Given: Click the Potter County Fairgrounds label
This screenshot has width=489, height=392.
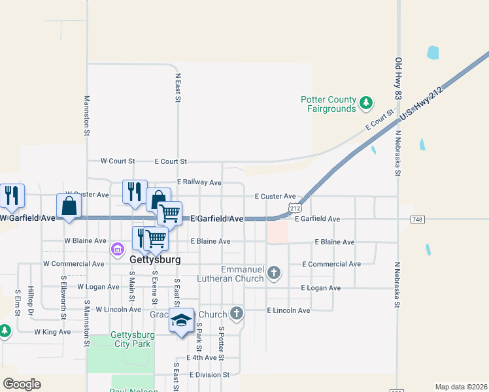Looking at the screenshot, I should pyautogui.click(x=328, y=104).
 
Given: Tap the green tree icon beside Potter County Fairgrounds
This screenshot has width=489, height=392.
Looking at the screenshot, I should pyautogui.click(x=367, y=102).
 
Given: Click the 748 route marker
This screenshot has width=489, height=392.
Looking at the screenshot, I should pyautogui.click(x=418, y=220).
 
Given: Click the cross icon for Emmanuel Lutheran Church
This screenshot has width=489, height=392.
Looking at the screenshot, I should pyautogui.click(x=274, y=272).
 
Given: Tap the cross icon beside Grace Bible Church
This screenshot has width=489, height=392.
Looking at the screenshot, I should pyautogui.click(x=237, y=314).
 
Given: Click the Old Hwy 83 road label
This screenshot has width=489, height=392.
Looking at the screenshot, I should pyautogui.click(x=398, y=78).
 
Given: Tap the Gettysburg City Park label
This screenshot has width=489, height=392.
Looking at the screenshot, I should pyautogui.click(x=132, y=339).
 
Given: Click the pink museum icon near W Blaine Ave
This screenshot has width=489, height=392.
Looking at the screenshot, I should pyautogui.click(x=118, y=248).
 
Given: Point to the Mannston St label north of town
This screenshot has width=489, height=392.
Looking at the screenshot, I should pyautogui.click(x=87, y=116).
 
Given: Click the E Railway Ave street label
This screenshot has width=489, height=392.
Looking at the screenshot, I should pyautogui.click(x=199, y=183).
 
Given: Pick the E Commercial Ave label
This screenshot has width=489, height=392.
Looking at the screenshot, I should pyautogui.click(x=331, y=264).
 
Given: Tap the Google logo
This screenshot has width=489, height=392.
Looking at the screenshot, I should pyautogui.click(x=22, y=384).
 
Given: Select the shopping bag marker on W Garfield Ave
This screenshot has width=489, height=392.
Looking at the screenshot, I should pyautogui.click(x=69, y=206).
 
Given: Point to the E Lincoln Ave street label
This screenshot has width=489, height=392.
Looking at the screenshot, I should pyautogui.click(x=288, y=310).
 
